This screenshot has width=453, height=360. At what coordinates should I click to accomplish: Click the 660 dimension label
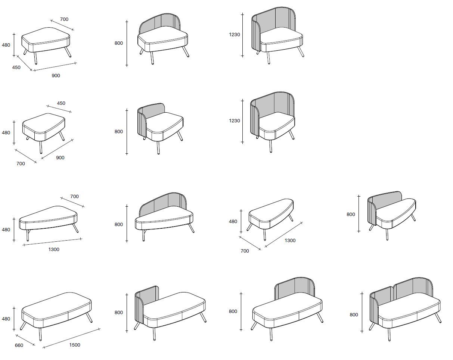tap(19, 345)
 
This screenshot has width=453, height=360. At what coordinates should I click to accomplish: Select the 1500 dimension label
tap(75, 345)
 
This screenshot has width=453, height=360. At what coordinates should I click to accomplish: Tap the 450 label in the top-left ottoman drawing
tap(16, 68)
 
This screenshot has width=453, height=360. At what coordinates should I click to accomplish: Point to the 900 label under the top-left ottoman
tap(56, 76)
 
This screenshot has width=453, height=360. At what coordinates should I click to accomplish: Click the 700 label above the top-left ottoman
tap(64, 19)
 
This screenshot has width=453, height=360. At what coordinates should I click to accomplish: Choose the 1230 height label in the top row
tap(235, 34)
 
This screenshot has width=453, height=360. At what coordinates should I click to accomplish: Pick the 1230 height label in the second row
tap(235, 121)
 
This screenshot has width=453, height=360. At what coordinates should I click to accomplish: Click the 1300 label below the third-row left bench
tap(54, 250)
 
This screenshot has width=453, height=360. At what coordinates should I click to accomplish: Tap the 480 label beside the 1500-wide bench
tap(6, 319)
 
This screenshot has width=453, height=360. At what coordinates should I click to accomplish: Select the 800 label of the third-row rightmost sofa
tap(351, 214)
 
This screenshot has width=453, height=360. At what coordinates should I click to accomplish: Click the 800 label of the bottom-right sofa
tap(354, 314)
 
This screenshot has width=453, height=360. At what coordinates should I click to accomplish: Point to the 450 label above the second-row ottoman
tap(61, 103)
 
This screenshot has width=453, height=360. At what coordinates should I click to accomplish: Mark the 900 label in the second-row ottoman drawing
tap(60, 158)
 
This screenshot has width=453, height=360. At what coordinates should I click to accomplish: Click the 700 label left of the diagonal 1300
tap(245, 251)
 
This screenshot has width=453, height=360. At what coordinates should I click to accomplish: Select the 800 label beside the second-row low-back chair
tap(119, 132)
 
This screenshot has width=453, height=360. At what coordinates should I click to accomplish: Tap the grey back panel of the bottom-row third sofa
tap(295, 287)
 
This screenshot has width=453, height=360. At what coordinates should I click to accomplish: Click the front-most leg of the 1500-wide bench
tap(40, 334)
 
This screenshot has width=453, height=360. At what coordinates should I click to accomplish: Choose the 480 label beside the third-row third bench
tap(233, 222)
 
